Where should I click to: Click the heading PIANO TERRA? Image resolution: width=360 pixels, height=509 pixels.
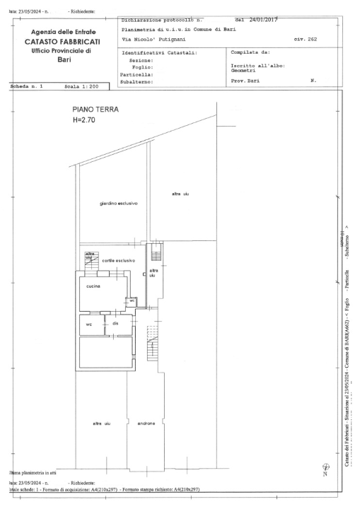pyautogui.click(x=95, y=110)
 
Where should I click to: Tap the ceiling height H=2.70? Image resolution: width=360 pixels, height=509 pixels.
pyautogui.click(x=83, y=120)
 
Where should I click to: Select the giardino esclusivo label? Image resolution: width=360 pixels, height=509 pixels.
pyautogui.click(x=118, y=204)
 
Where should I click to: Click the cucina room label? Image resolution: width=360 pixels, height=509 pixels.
pyautogui.click(x=93, y=286)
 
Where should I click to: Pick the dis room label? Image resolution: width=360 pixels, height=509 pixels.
pyautogui.click(x=115, y=323)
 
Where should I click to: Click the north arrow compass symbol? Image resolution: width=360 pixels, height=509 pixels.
pyautogui.click(x=324, y=467)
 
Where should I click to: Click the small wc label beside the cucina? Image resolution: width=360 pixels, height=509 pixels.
pyautogui.click(x=132, y=300)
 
